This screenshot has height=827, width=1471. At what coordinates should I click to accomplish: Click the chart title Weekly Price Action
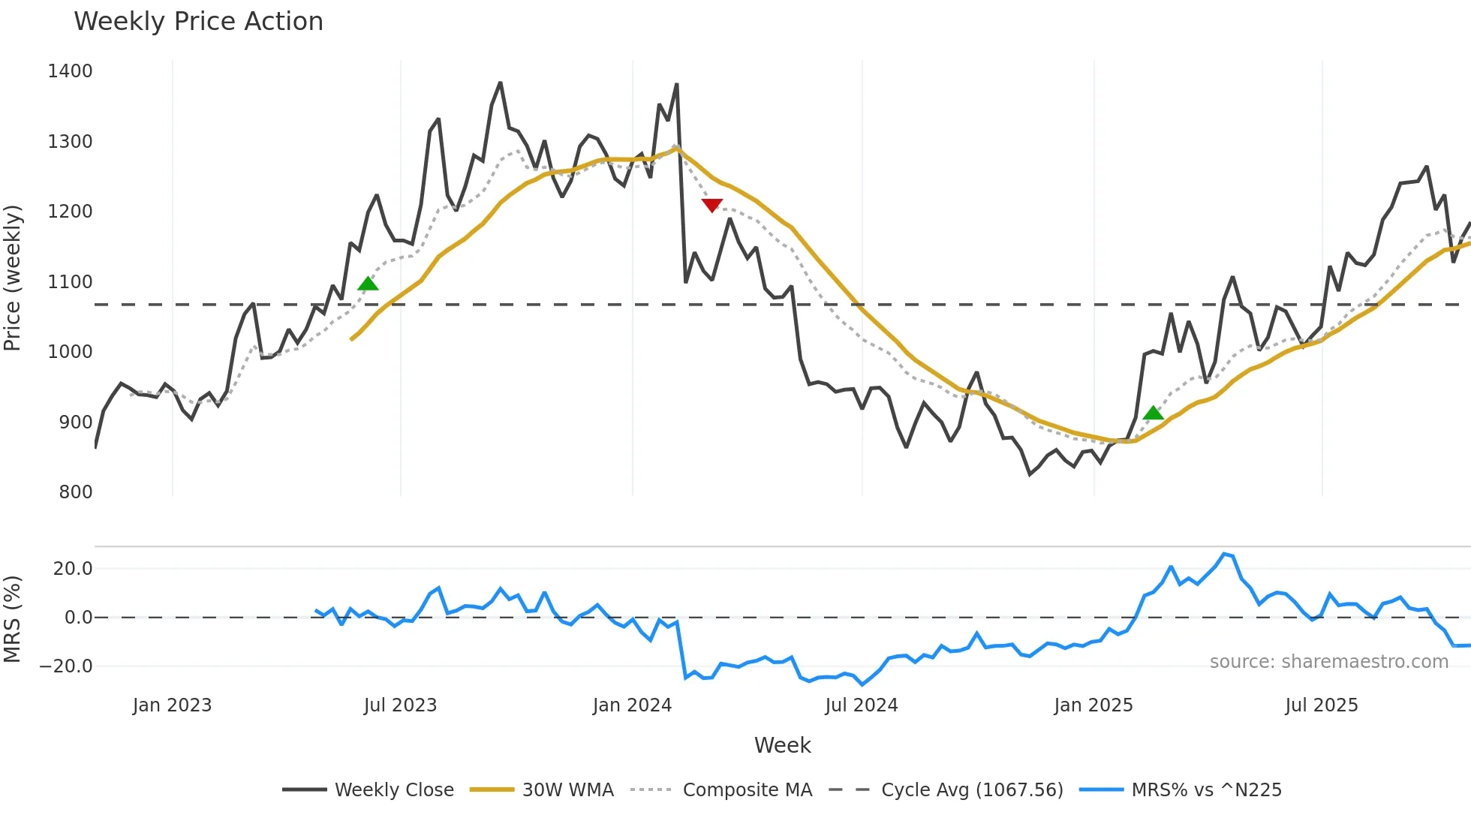coord(198,22)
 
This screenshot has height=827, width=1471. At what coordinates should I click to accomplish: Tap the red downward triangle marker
coord(711,205)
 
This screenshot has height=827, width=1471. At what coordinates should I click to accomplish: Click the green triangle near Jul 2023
coord(368,284)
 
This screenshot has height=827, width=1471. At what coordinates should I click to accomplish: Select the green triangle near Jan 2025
coord(1153,413)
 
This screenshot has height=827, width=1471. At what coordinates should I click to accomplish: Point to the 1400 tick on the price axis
coord(70,71)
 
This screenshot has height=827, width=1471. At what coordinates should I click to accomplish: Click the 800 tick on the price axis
coord(75,492)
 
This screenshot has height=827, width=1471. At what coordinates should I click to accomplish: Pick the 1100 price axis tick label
coord(70,282)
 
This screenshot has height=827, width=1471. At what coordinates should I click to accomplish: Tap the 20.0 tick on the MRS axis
coord(73,569)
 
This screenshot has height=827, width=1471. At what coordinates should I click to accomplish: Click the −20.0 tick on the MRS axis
coord(66,666)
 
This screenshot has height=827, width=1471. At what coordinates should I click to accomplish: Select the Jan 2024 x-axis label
coord(632,705)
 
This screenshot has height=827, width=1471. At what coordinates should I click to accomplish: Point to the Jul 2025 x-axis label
coord(1321,705)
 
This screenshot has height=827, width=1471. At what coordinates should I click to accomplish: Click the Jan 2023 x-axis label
coord(172,705)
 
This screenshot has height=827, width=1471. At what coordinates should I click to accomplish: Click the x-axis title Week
coord(782,745)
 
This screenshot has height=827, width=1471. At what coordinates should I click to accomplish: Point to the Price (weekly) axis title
coord(13,278)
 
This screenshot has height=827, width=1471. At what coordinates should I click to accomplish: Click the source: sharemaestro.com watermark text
coord(1328,662)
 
